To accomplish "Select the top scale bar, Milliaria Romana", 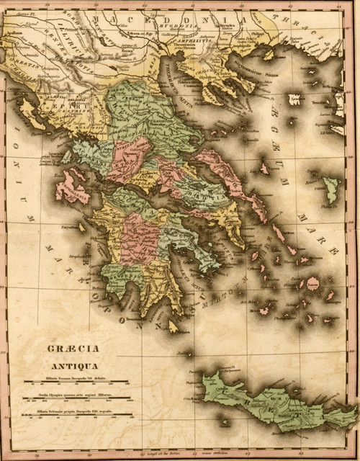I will [x=76, y=382].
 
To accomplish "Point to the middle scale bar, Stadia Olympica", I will [x=76, y=398].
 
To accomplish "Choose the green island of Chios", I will [x=330, y=189].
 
